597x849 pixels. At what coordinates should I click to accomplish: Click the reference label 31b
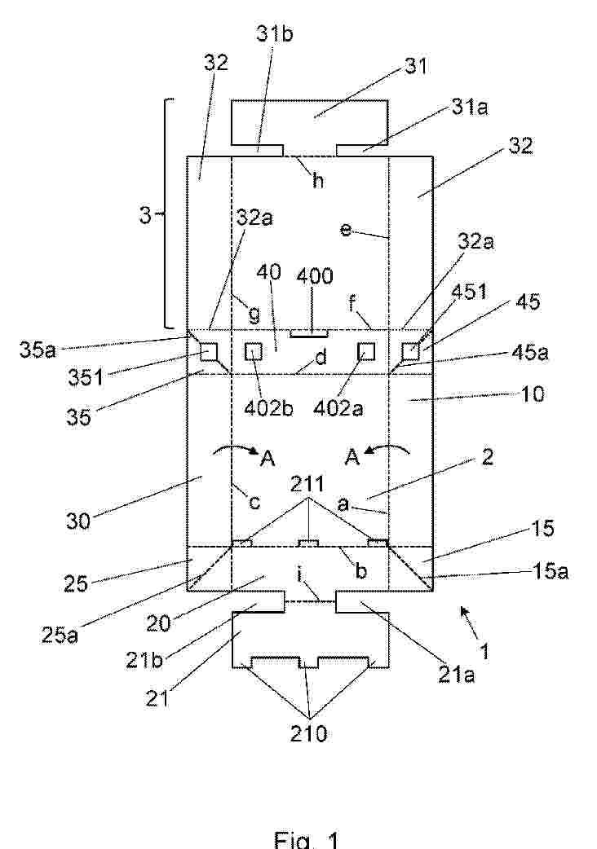pyautogui.click(x=275, y=34)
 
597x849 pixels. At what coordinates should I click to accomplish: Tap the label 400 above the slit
pyautogui.click(x=315, y=276)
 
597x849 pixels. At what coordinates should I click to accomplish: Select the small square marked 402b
pyautogui.click(x=254, y=353)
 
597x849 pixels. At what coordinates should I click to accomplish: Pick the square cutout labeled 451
pyautogui.click(x=410, y=353)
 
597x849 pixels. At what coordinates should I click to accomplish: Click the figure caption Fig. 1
pyautogui.click(x=307, y=839)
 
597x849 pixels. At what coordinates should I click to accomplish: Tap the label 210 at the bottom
pyautogui.click(x=309, y=733)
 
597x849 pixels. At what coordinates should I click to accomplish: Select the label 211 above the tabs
pyautogui.click(x=307, y=483)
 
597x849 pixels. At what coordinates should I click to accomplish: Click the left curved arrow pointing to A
pyautogui.click(x=236, y=450)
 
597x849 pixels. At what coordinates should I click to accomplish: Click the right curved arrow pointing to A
pyautogui.click(x=388, y=450)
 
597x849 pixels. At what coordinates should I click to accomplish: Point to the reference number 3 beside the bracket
pyautogui.click(x=145, y=216)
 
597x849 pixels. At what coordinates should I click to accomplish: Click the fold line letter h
pyautogui.click(x=318, y=180)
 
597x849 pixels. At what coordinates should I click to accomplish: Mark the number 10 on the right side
pyautogui.click(x=532, y=394)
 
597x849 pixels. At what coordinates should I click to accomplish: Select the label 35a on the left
pyautogui.click(x=38, y=350)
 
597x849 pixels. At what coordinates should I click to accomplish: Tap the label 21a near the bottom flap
pyautogui.click(x=456, y=674)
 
